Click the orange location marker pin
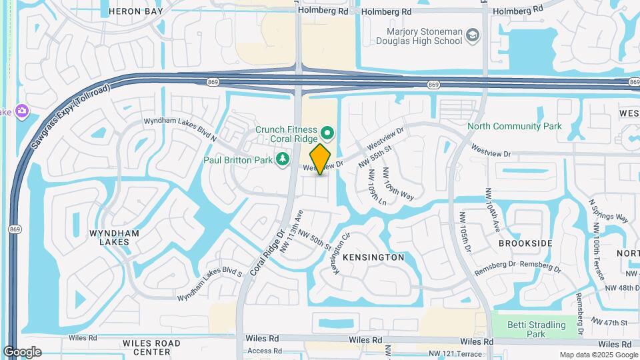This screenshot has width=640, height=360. click(x=321, y=159)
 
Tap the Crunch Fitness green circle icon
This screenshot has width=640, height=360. click(x=327, y=132)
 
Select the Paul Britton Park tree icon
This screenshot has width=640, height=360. click(x=283, y=159)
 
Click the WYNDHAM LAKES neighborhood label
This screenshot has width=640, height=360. click(x=114, y=237)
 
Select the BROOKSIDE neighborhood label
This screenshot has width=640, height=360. click(x=525, y=243)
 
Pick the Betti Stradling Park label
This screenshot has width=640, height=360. click(x=537, y=329)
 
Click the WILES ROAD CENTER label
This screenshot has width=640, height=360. click(x=151, y=347)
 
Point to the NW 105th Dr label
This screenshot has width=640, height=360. click(x=465, y=233)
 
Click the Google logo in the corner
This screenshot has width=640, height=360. click(x=22, y=352)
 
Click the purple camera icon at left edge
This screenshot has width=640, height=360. click(x=22, y=110)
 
